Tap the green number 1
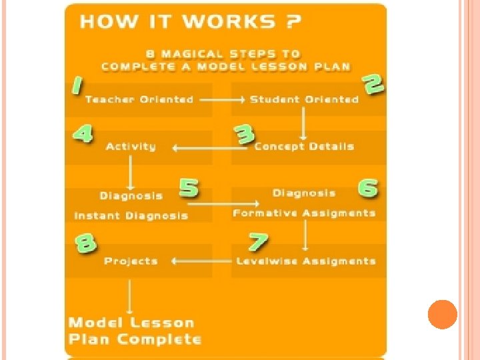78,85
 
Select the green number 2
373,85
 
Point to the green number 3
245,135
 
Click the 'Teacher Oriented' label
139,99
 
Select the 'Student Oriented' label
304,99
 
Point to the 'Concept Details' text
304,147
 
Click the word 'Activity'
131,147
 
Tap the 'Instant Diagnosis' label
131,215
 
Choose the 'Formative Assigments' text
304,213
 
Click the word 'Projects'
131,261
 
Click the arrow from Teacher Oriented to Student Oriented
221,99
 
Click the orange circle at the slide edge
443,315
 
